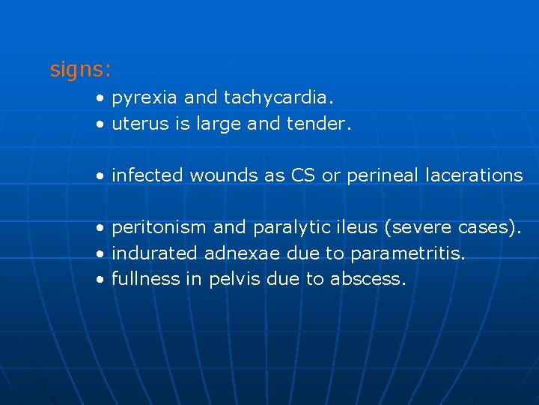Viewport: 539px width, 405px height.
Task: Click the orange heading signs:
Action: point(80,70)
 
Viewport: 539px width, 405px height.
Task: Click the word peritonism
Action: point(159,227)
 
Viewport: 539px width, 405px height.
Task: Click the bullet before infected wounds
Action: point(100,176)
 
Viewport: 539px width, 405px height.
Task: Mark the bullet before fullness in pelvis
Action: point(100,280)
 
